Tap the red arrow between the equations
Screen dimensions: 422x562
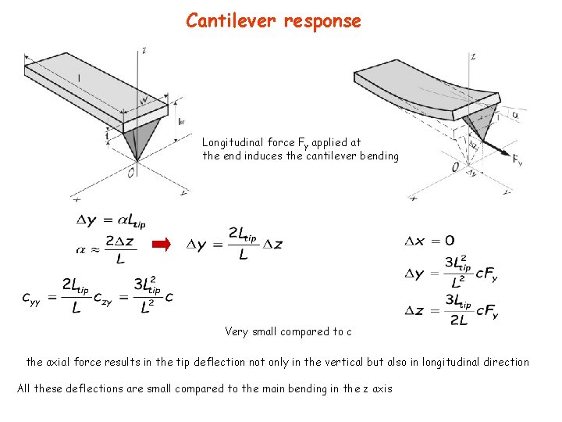tap(160, 245)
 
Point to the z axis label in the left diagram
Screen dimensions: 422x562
tap(144, 51)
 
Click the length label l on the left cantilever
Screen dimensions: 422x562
tap(78, 77)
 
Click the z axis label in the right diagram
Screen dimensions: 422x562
tap(474, 56)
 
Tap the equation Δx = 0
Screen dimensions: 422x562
tap(429, 240)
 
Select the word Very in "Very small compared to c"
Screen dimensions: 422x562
tap(237, 331)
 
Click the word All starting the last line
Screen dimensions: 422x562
tap(25, 388)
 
